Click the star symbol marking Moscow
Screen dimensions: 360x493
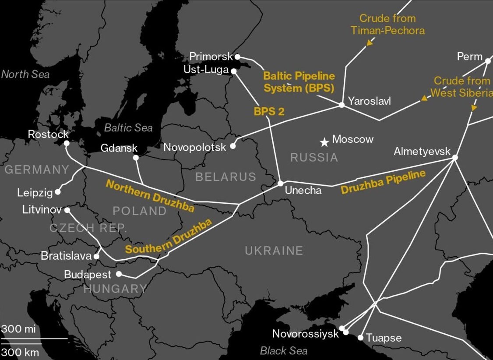[x=324, y=142]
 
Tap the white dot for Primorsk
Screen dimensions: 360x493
[x=237, y=56]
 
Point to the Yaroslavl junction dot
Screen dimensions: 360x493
[x=342, y=105]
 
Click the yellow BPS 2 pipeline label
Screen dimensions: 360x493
[x=269, y=111]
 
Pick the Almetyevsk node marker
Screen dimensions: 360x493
[x=455, y=157]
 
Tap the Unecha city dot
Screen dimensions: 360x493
[x=281, y=183]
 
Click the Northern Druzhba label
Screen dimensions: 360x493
[x=150, y=195]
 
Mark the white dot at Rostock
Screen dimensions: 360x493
[x=67, y=143]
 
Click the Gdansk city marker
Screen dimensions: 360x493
[x=136, y=158]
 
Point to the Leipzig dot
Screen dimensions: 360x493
[x=58, y=191]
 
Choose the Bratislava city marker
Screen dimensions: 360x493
[x=97, y=257]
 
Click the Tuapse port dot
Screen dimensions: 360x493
[x=360, y=338]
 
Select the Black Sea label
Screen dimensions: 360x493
[x=283, y=351]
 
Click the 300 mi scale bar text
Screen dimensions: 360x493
[x=18, y=329]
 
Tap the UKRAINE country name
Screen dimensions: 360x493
[x=274, y=251]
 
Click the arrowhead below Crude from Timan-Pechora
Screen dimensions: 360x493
[x=370, y=43]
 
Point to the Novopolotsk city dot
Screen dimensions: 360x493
[x=233, y=146]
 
